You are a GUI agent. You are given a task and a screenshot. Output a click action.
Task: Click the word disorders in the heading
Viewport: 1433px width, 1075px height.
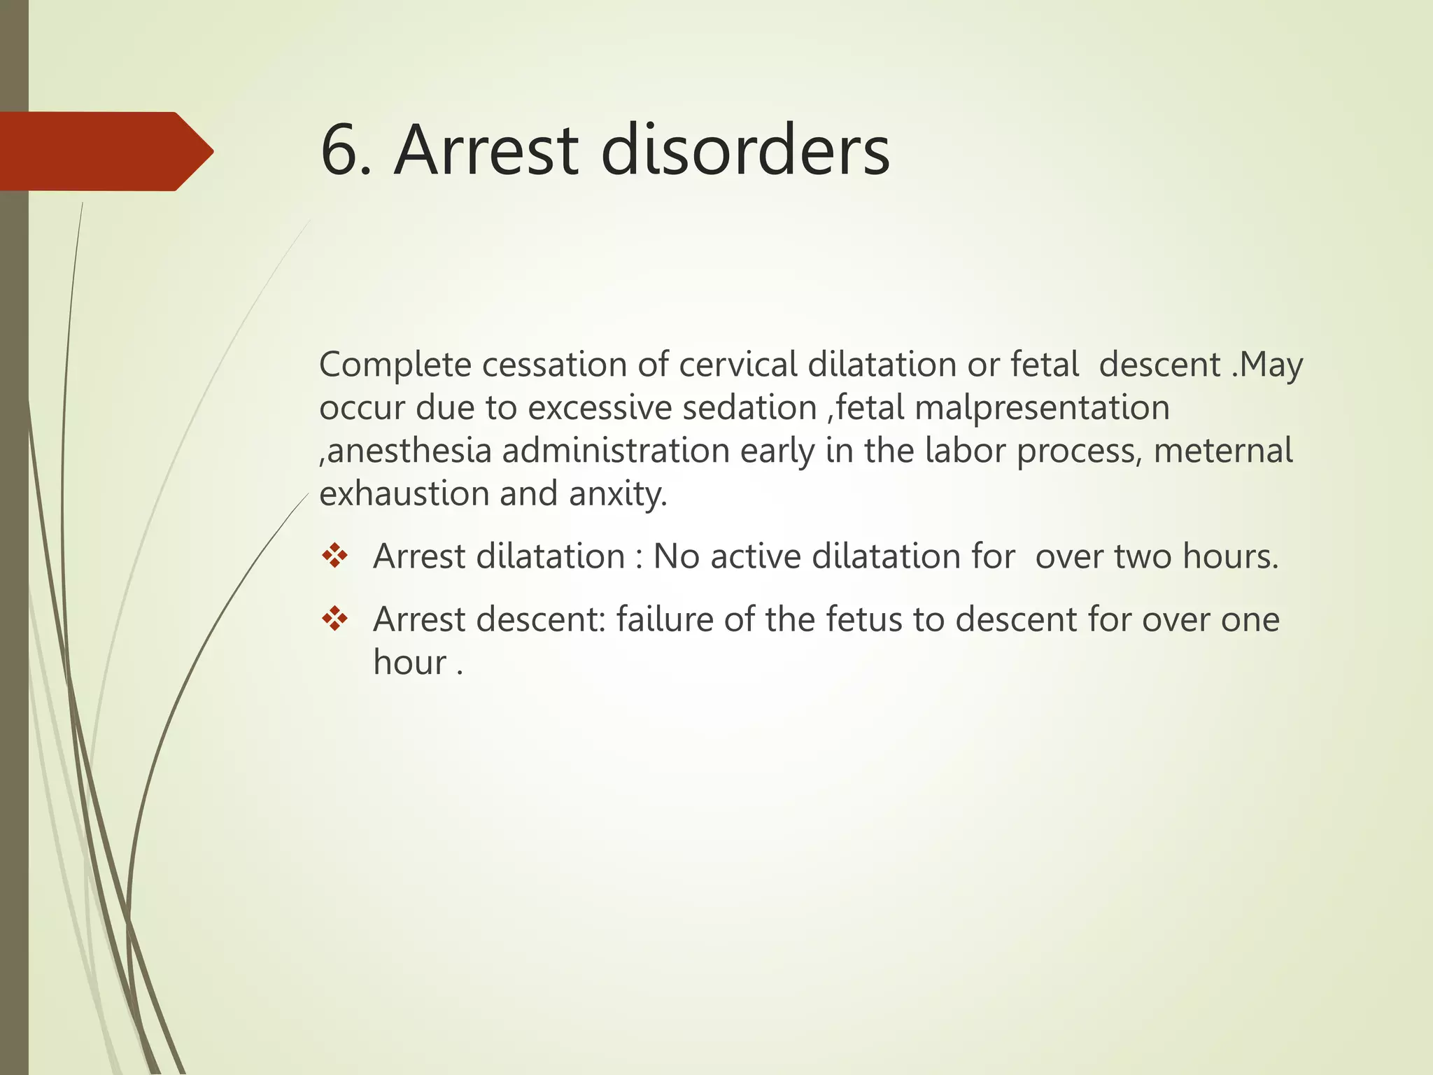[745, 150]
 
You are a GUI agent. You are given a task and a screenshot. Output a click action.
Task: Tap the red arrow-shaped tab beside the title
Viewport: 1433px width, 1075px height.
[105, 151]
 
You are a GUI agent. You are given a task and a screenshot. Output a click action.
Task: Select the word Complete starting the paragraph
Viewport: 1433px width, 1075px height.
[395, 365]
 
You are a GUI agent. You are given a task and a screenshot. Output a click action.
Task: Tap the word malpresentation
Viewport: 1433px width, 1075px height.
[1042, 408]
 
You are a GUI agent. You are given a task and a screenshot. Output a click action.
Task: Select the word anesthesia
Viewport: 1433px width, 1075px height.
[409, 451]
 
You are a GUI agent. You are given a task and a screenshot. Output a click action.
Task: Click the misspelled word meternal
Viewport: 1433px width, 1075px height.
[1222, 451]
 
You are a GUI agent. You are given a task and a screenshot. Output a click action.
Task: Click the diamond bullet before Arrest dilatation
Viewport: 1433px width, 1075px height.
[335, 556]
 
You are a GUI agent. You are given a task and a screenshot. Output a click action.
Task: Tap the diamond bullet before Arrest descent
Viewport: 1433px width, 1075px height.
[335, 619]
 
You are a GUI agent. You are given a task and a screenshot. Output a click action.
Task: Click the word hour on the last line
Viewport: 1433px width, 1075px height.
[410, 663]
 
